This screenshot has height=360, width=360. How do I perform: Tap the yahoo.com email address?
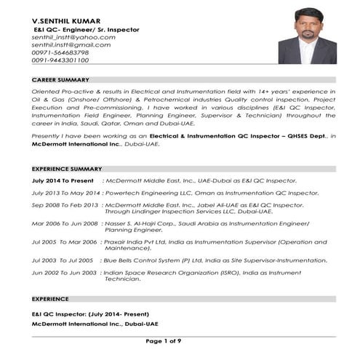[73, 36]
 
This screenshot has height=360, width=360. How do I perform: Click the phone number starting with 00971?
[60, 52]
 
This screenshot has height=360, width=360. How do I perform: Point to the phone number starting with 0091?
[60, 60]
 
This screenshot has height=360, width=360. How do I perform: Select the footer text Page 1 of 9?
[164, 341]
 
